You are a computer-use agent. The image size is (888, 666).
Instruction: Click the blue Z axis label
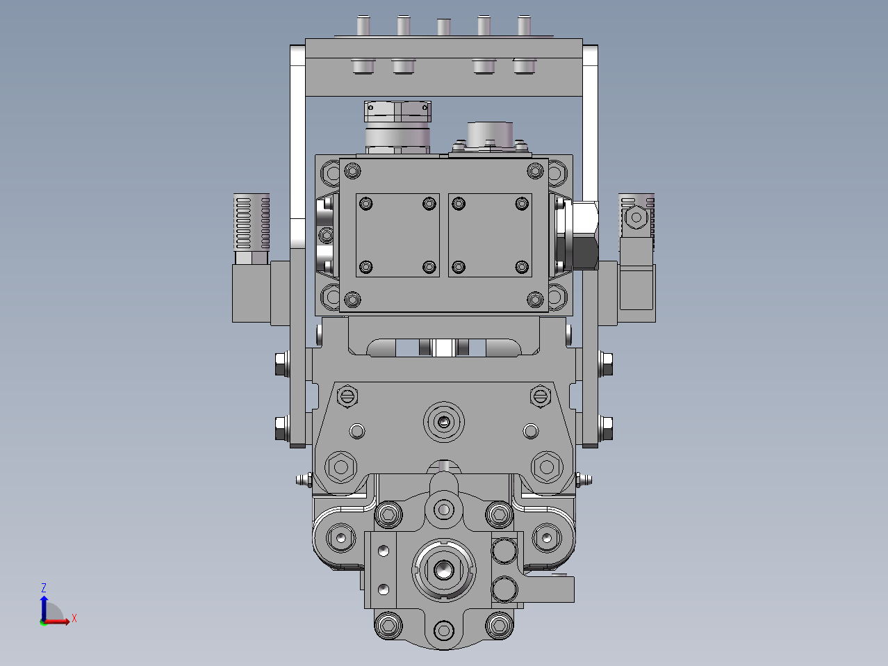pyautogui.click(x=44, y=587)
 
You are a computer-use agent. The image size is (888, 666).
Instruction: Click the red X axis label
pyautogui.click(x=74, y=618)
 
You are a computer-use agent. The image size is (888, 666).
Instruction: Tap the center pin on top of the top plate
pyautogui.click(x=444, y=27)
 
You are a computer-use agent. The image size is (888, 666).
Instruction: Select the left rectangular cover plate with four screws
pyautogui.click(x=397, y=236)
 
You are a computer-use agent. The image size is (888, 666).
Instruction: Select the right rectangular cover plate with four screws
pyautogui.click(x=490, y=236)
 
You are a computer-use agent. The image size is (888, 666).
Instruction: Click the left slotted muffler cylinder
pyautogui.click(x=252, y=222)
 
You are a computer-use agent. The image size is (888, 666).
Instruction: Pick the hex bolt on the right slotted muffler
pyautogui.click(x=636, y=218)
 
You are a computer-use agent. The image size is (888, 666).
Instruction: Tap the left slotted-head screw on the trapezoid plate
pyautogui.click(x=347, y=396)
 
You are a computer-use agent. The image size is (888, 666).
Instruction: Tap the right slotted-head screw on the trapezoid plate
pyautogui.click(x=540, y=396)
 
